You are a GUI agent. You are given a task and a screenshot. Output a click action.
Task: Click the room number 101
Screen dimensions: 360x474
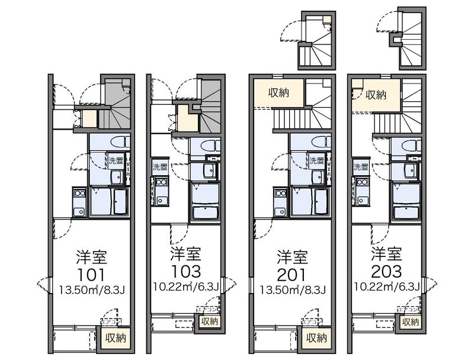(x=91, y=275)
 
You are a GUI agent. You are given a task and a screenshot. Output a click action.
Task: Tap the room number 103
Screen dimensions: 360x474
(x=185, y=272)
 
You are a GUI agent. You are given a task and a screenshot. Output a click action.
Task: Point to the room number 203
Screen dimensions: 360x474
(x=386, y=272)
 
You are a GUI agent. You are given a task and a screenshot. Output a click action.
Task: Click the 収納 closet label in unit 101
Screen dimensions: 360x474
(x=116, y=338)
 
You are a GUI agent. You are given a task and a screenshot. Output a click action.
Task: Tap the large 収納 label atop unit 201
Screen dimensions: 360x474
(x=279, y=92)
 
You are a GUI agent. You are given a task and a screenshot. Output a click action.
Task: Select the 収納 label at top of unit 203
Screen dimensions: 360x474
(x=375, y=94)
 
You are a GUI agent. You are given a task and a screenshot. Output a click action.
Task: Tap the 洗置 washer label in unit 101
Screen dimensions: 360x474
(x=116, y=160)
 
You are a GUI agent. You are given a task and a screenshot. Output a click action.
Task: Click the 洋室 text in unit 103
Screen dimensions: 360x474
(x=185, y=255)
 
